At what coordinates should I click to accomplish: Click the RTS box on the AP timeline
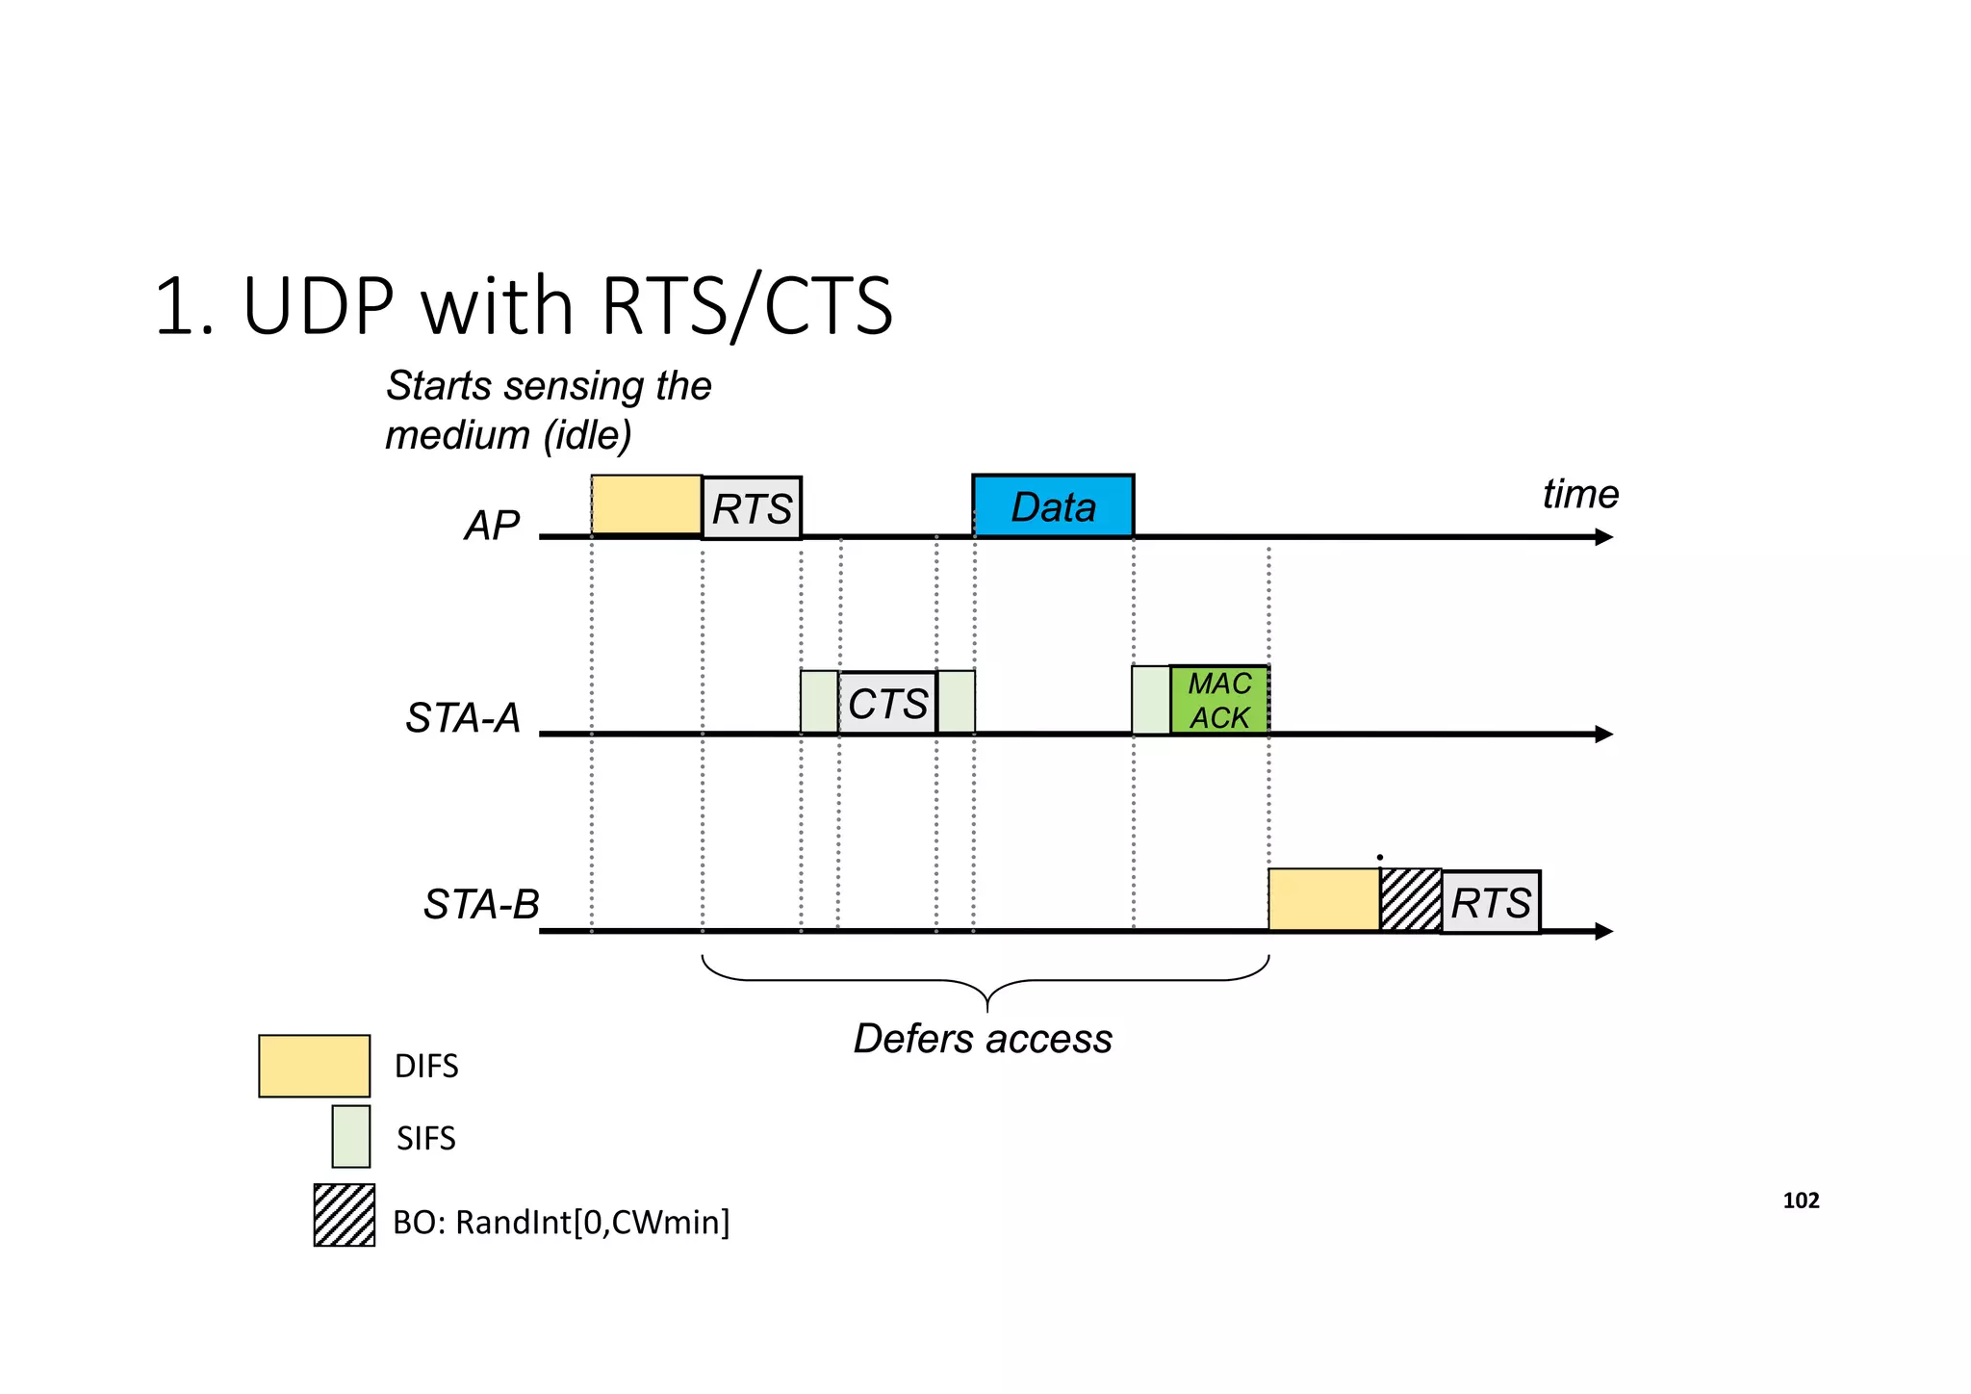click(752, 508)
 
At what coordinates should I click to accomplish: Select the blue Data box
click(1053, 506)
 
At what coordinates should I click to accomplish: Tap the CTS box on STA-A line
click(887, 704)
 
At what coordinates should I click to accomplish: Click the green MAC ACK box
click(1219, 701)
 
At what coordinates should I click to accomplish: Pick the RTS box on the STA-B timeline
click(1491, 903)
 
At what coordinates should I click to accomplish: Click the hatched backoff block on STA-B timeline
click(1411, 900)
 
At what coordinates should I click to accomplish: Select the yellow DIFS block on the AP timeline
click(646, 504)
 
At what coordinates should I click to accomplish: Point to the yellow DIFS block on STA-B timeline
click(1323, 900)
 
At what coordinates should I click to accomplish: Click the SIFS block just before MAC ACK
click(1151, 701)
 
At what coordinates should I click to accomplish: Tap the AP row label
click(492, 526)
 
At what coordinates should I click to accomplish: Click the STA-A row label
click(463, 718)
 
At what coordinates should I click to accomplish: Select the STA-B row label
click(481, 905)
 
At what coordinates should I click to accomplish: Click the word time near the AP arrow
click(1580, 495)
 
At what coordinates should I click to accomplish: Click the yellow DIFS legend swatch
click(314, 1066)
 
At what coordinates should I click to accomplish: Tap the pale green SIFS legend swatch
click(351, 1137)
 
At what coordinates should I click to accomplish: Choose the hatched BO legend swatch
click(345, 1216)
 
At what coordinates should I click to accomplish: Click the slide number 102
click(1801, 1200)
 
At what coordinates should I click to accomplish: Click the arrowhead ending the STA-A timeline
click(1603, 735)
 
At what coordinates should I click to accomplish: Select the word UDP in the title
click(319, 306)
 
